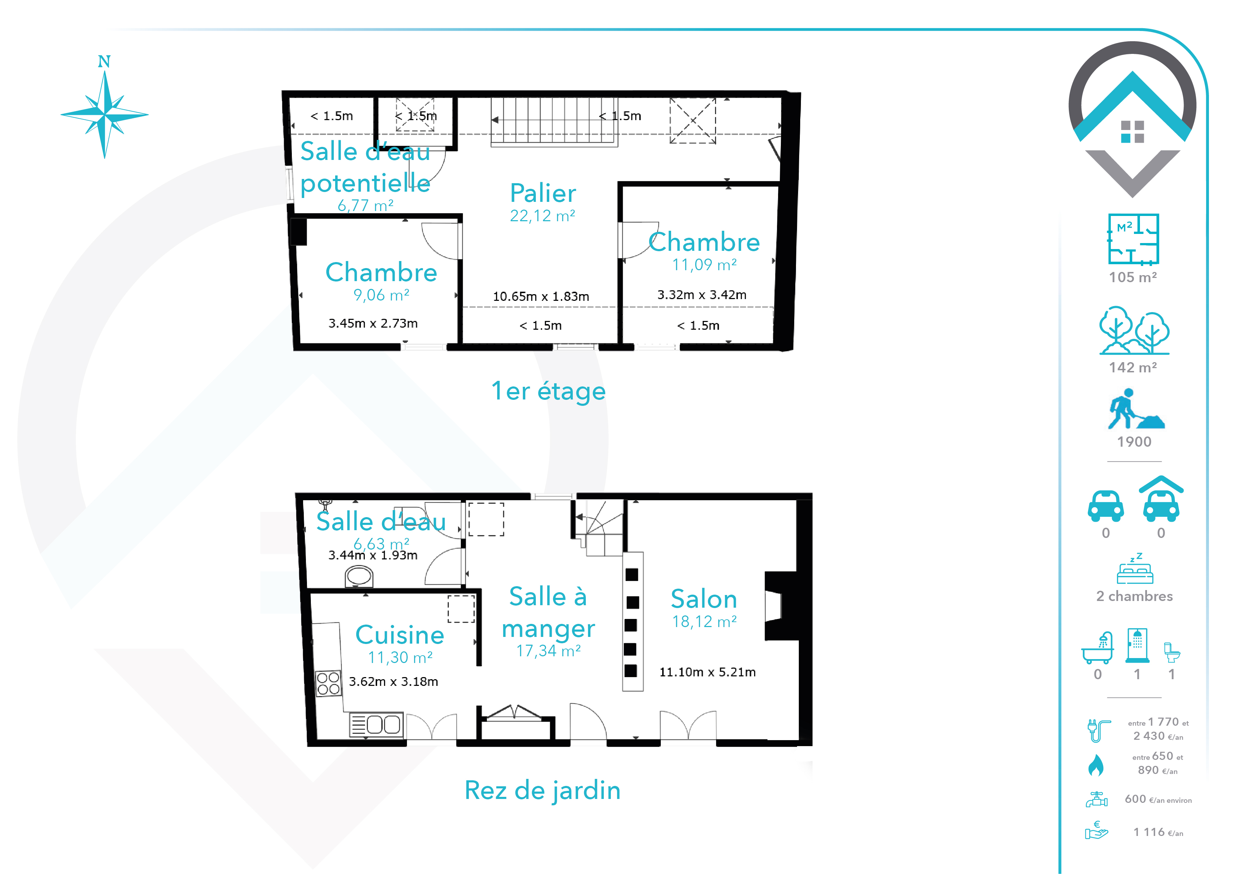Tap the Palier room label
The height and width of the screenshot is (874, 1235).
click(543, 193)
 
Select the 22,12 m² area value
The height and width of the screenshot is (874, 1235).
click(543, 216)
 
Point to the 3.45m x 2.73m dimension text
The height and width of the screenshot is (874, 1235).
click(373, 323)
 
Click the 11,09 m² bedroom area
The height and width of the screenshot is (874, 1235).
click(705, 265)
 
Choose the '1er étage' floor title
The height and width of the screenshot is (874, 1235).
click(548, 391)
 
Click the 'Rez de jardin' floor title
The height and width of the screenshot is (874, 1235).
click(543, 791)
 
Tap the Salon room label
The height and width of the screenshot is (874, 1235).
click(704, 599)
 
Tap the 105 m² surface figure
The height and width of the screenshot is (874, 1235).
click(1133, 277)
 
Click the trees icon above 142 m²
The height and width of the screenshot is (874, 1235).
click(1134, 330)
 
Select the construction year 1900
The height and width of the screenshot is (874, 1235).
click(1134, 442)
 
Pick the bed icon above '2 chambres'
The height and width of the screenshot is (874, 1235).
click(1135, 569)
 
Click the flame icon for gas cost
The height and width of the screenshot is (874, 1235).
click(1096, 765)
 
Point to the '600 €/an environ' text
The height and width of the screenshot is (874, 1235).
click(1158, 799)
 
